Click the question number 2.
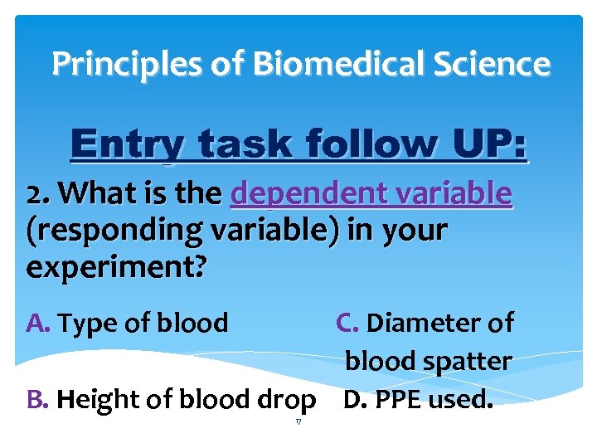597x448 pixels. [36, 194]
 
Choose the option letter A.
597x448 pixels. [39, 323]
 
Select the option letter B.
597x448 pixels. [38, 400]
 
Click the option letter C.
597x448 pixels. [347, 323]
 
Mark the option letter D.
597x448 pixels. [354, 400]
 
